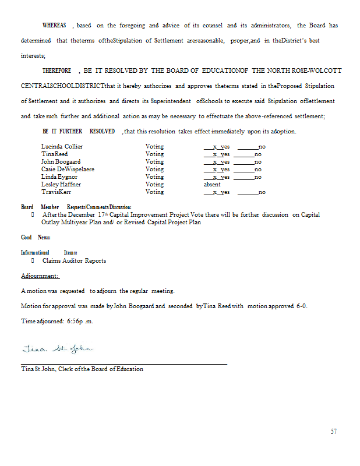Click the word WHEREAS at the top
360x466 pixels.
point(55,26)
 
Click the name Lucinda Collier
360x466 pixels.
point(62,146)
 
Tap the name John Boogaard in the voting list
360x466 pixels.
point(61,161)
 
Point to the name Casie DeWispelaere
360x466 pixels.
point(68,169)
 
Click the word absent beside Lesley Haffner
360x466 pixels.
point(212,184)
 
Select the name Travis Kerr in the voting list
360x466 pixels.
point(57,192)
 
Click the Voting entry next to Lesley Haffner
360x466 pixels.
point(154,184)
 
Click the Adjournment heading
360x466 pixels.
point(40,276)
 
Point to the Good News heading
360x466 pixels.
point(36,238)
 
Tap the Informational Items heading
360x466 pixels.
point(49,253)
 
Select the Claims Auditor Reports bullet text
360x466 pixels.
point(74,260)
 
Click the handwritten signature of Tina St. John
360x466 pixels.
point(57,349)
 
